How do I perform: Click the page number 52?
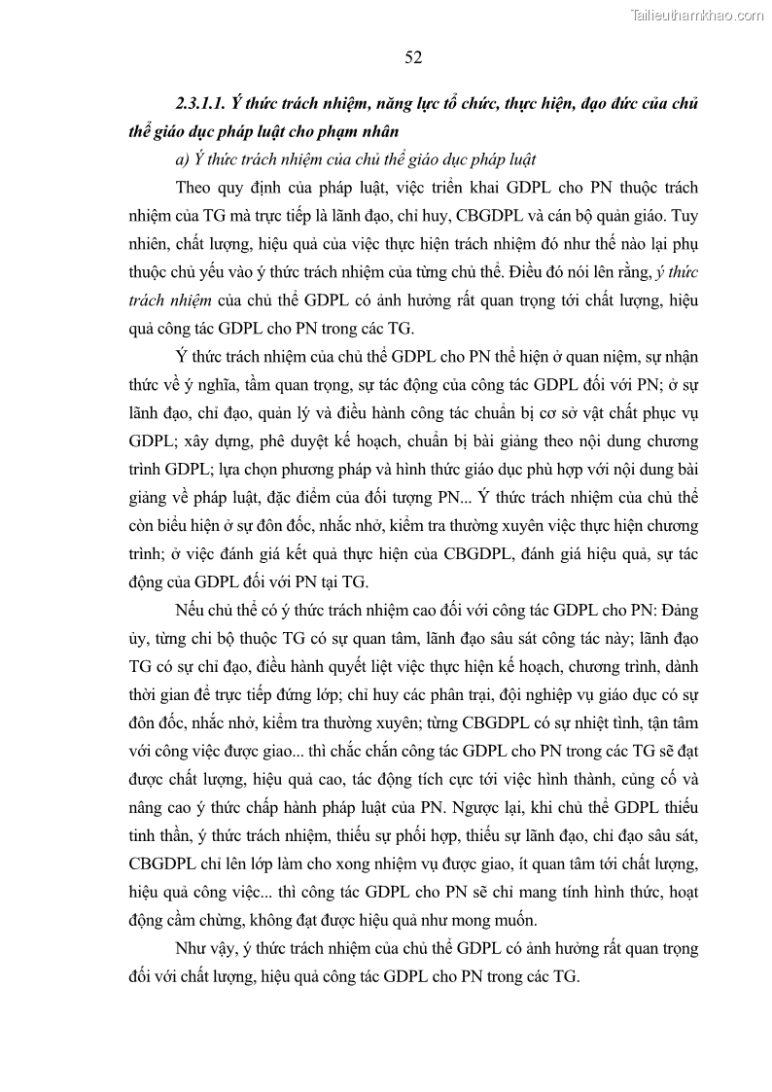(x=412, y=58)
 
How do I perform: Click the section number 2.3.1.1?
(x=201, y=104)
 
